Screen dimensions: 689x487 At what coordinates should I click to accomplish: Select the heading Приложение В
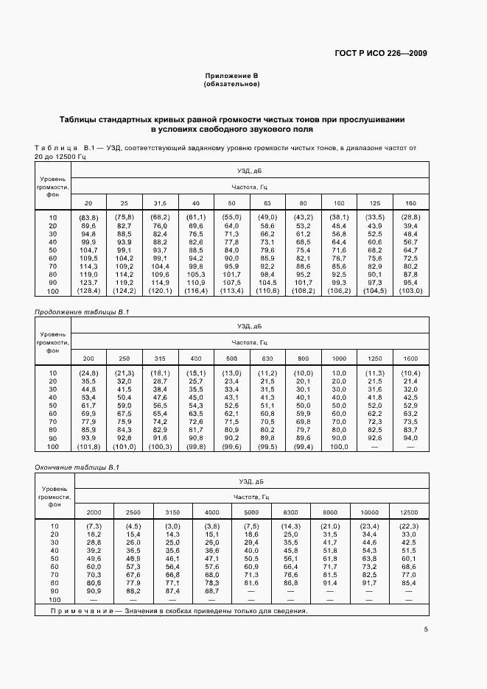coord(231,76)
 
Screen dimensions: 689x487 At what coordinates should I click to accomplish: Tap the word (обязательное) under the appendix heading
coord(231,84)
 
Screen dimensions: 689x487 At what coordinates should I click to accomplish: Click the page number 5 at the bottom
coord(426,629)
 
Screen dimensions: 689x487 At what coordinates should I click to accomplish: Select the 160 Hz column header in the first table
coord(410,202)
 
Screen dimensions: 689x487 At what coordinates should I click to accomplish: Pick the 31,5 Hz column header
coord(159,202)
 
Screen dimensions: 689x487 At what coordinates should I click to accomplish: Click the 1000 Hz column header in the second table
coord(338,358)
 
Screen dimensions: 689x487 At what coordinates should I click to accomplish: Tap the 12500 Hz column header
coord(409,512)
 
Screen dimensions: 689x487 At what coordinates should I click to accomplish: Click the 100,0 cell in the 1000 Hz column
coord(338,446)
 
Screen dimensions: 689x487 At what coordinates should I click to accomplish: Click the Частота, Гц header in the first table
coord(249,187)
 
